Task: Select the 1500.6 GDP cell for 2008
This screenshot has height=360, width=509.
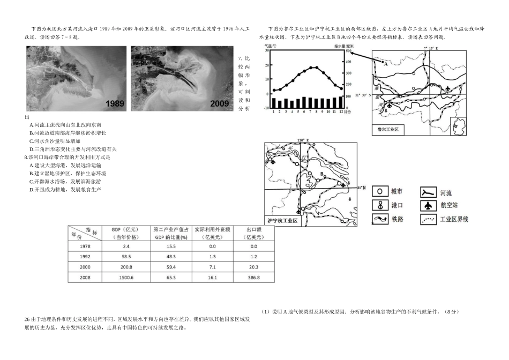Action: [x=122, y=277]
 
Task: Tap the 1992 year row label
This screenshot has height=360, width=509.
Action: [x=84, y=256]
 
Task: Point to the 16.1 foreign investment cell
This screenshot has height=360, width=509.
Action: [x=212, y=277]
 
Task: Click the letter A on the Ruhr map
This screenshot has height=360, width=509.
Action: [x=385, y=62]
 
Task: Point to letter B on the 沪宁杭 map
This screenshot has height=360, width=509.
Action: [x=321, y=174]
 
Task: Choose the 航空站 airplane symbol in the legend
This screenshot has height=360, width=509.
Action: [x=428, y=205]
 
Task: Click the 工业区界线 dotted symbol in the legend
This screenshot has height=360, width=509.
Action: [x=428, y=219]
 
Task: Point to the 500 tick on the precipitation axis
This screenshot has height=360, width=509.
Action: [x=348, y=51]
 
